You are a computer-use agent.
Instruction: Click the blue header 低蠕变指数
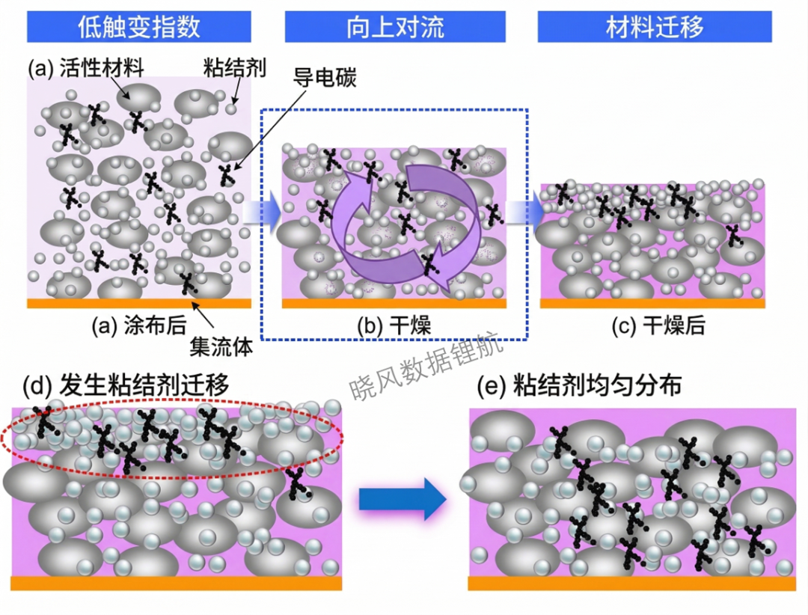138,26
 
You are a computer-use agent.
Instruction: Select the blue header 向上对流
395,26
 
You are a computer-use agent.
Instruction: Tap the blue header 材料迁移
655,26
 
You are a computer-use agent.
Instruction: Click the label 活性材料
102,68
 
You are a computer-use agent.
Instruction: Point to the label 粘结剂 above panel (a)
234,67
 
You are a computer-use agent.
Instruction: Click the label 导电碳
325,77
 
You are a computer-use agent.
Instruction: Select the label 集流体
221,347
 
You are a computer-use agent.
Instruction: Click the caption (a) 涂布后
139,325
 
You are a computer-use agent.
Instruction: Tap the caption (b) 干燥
394,325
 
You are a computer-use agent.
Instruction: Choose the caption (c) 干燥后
658,325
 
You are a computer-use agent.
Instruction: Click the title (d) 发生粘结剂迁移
126,385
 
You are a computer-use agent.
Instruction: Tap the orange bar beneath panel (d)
177,583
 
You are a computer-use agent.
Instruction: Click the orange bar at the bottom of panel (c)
652,304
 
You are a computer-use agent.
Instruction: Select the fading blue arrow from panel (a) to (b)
262,212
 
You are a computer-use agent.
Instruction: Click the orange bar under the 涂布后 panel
139,304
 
